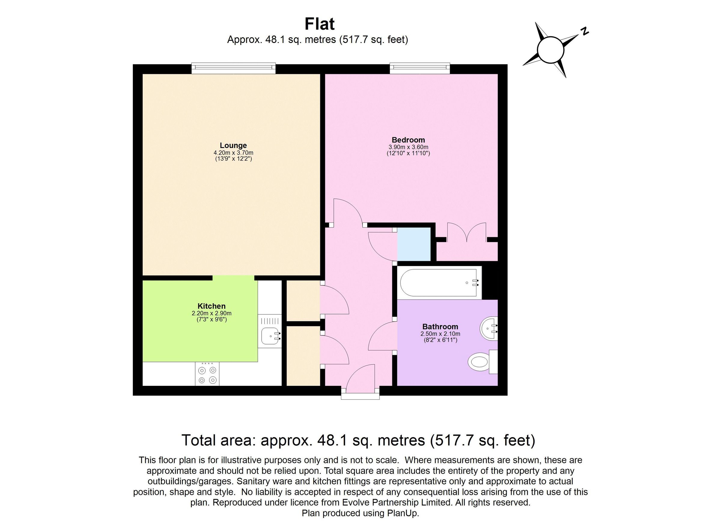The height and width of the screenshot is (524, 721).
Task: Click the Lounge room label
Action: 233,146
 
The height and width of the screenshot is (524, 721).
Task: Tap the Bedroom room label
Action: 408,140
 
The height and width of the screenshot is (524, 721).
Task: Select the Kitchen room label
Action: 211,306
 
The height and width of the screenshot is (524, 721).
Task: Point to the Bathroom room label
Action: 440,326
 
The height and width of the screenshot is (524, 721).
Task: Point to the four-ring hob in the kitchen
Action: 207,374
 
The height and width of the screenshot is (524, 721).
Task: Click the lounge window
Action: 234,69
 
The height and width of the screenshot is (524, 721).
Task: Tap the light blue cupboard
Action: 414,244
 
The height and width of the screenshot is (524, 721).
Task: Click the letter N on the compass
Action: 584,31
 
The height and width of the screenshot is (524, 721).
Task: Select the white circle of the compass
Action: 550,50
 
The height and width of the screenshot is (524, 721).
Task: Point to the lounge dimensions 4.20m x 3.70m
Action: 233,153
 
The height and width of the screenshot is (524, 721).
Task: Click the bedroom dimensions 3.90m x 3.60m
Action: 408,147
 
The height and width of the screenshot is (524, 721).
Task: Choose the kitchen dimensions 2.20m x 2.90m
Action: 211,313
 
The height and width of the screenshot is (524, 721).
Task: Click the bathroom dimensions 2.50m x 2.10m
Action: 440,334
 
